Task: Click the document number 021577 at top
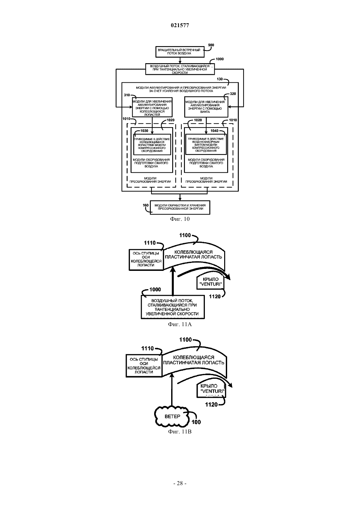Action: [180, 26]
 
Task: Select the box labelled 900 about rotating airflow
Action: [180, 52]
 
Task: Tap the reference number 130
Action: [220, 79]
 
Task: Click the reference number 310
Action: [127, 95]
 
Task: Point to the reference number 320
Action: [233, 94]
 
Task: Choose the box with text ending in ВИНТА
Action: [206, 107]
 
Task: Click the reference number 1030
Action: [144, 131]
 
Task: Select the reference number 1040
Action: [214, 131]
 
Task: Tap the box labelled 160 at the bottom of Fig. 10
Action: [180, 207]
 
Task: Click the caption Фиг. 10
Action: [180, 219]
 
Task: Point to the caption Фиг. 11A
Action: [180, 324]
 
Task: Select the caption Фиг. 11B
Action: [180, 431]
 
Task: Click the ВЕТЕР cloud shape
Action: [172, 416]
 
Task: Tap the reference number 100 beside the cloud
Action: [196, 422]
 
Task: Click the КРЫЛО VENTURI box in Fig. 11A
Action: [210, 282]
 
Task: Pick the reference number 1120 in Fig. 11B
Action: [211, 404]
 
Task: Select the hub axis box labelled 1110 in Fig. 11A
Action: [146, 260]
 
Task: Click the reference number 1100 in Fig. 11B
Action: [186, 340]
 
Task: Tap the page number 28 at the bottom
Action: [180, 483]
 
